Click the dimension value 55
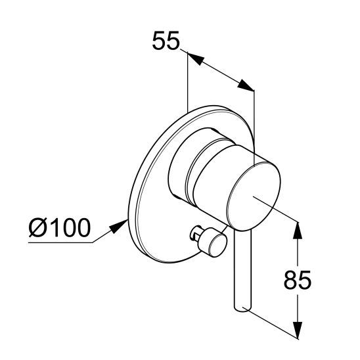(166, 41)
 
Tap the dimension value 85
(297, 280)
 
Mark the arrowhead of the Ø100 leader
(118, 226)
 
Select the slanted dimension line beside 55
(220, 73)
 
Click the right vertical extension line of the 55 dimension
(254, 118)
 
